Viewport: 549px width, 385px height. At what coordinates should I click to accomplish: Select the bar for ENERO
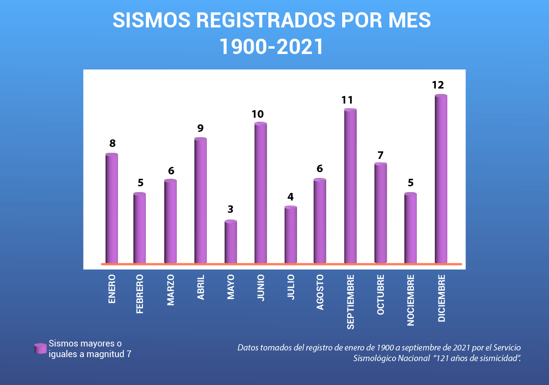[112, 208]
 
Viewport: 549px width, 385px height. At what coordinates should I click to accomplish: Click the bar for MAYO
[231, 242]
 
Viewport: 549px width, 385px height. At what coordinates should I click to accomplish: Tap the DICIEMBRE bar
[441, 179]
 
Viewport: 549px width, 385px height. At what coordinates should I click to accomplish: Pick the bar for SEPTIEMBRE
[350, 186]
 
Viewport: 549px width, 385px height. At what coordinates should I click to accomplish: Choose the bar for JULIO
[290, 235]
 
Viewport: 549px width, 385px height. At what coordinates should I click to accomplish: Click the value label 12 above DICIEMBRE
[438, 85]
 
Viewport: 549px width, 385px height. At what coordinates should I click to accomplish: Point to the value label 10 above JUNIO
[258, 114]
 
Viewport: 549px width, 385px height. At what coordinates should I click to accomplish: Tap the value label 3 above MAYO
[230, 209]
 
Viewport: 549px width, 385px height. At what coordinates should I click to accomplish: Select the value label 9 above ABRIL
[200, 128]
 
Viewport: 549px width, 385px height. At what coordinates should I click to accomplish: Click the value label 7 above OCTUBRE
[380, 155]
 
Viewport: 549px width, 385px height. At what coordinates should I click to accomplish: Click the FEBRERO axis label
[140, 294]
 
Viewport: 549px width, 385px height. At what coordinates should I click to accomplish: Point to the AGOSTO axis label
[320, 292]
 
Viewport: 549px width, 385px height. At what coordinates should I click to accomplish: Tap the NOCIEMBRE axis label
[411, 300]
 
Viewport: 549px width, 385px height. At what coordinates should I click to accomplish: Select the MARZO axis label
[171, 290]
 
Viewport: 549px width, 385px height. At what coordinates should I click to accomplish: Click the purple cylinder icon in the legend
[41, 348]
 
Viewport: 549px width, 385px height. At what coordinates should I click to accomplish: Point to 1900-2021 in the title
[271, 46]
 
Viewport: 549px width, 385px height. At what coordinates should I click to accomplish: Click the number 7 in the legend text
[129, 354]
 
